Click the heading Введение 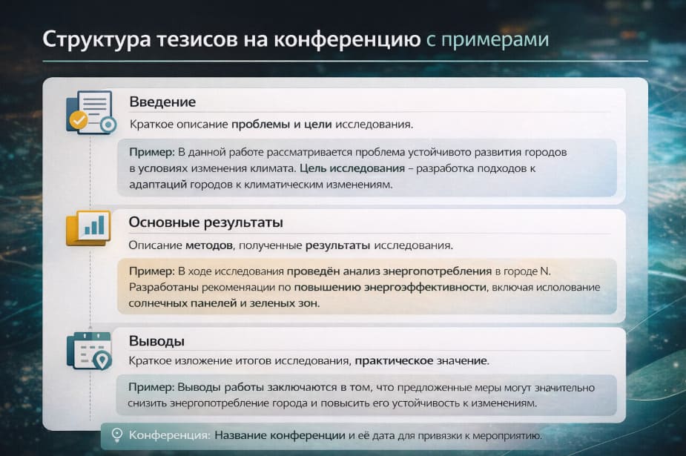pos(162,102)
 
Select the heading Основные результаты pos(206,222)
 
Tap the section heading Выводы pos(156,341)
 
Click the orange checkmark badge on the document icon pos(77,119)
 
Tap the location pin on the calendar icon pos(102,360)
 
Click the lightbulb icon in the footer pos(116,435)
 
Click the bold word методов pos(211,245)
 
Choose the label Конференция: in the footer pos(170,435)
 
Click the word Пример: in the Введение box pos(151,152)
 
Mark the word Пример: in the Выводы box pos(151,388)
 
